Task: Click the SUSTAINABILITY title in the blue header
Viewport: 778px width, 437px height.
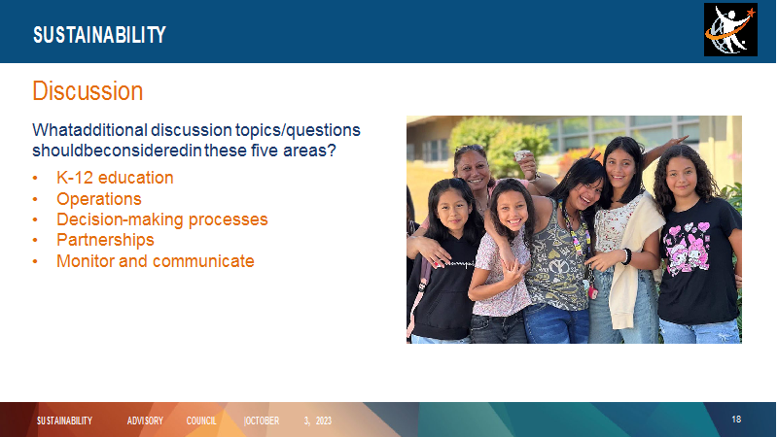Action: [x=99, y=35]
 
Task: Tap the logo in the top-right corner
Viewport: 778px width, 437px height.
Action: [x=730, y=30]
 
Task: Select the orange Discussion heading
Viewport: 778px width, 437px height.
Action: [x=88, y=91]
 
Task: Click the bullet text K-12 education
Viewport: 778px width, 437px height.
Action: [x=115, y=178]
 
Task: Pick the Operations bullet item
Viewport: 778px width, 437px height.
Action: [x=99, y=199]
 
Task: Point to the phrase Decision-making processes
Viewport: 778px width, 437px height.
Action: [x=161, y=219]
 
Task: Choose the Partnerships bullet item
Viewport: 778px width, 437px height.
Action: [x=105, y=240]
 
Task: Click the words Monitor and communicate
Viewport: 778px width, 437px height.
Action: [x=156, y=260]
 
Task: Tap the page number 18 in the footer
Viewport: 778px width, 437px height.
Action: [x=736, y=420]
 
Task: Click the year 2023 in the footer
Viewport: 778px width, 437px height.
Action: [x=324, y=420]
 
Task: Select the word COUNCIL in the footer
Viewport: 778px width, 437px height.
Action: [x=201, y=420]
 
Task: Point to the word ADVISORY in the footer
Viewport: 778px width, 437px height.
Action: [x=145, y=420]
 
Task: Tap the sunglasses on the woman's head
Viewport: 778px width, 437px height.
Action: [x=469, y=148]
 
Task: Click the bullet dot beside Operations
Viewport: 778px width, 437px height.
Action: [x=35, y=199]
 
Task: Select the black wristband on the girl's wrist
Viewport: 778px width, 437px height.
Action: [x=627, y=256]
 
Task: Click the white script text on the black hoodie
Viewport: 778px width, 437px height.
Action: [x=459, y=264]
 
